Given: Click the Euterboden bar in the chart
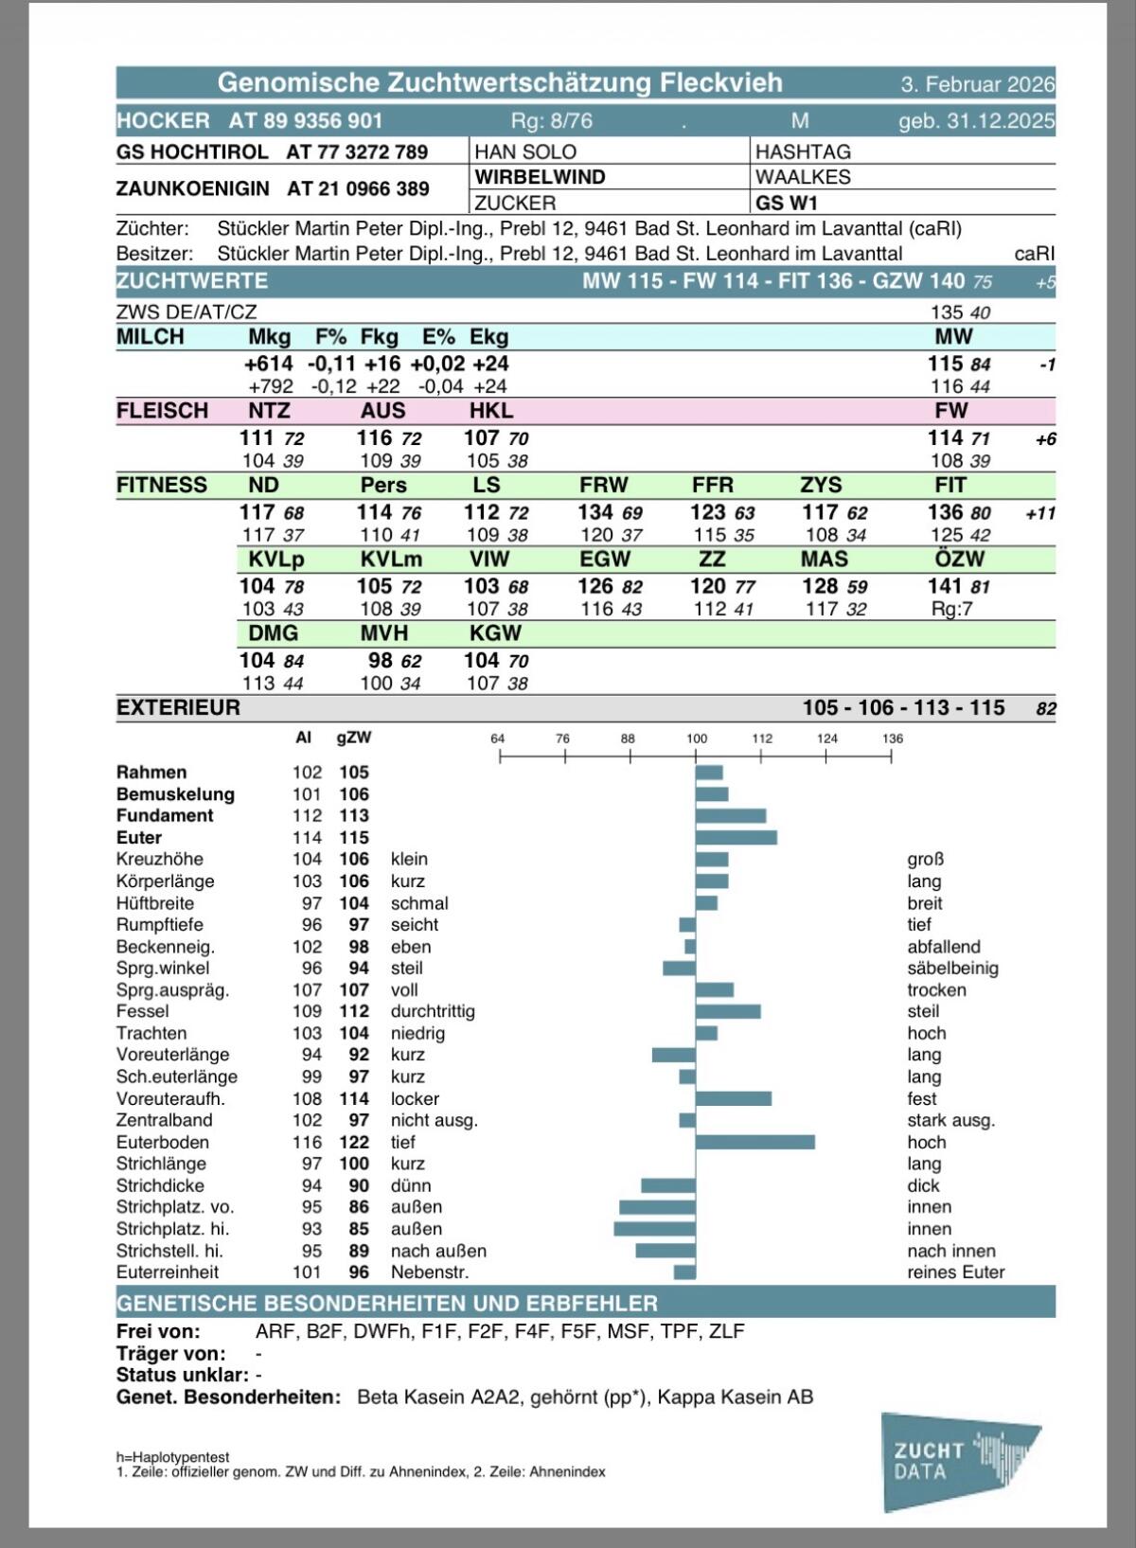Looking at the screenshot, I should (x=754, y=1142).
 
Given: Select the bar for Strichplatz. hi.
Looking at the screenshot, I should (x=654, y=1229).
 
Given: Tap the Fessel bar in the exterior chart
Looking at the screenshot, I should (x=727, y=1011).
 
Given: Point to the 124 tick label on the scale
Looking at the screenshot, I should (x=826, y=738).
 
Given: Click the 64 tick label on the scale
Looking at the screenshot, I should (x=498, y=738).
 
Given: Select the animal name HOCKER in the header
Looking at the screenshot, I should (x=163, y=120).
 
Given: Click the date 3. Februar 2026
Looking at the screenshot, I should (x=977, y=83).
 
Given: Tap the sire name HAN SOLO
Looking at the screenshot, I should (x=525, y=151).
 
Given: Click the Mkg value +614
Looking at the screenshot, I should (x=268, y=364).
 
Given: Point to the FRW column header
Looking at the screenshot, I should (x=604, y=485).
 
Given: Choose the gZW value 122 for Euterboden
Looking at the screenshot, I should (x=354, y=1142).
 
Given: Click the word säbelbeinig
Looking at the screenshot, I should (x=952, y=968).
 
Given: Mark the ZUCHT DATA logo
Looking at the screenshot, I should (x=958, y=1461).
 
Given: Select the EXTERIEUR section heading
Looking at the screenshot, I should (x=178, y=708).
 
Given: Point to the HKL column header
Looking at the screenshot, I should (x=491, y=411).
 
